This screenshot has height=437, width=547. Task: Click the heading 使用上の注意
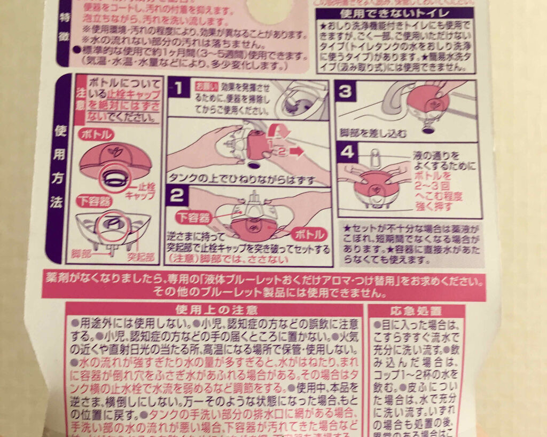pyautogui.click(x=215, y=310)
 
